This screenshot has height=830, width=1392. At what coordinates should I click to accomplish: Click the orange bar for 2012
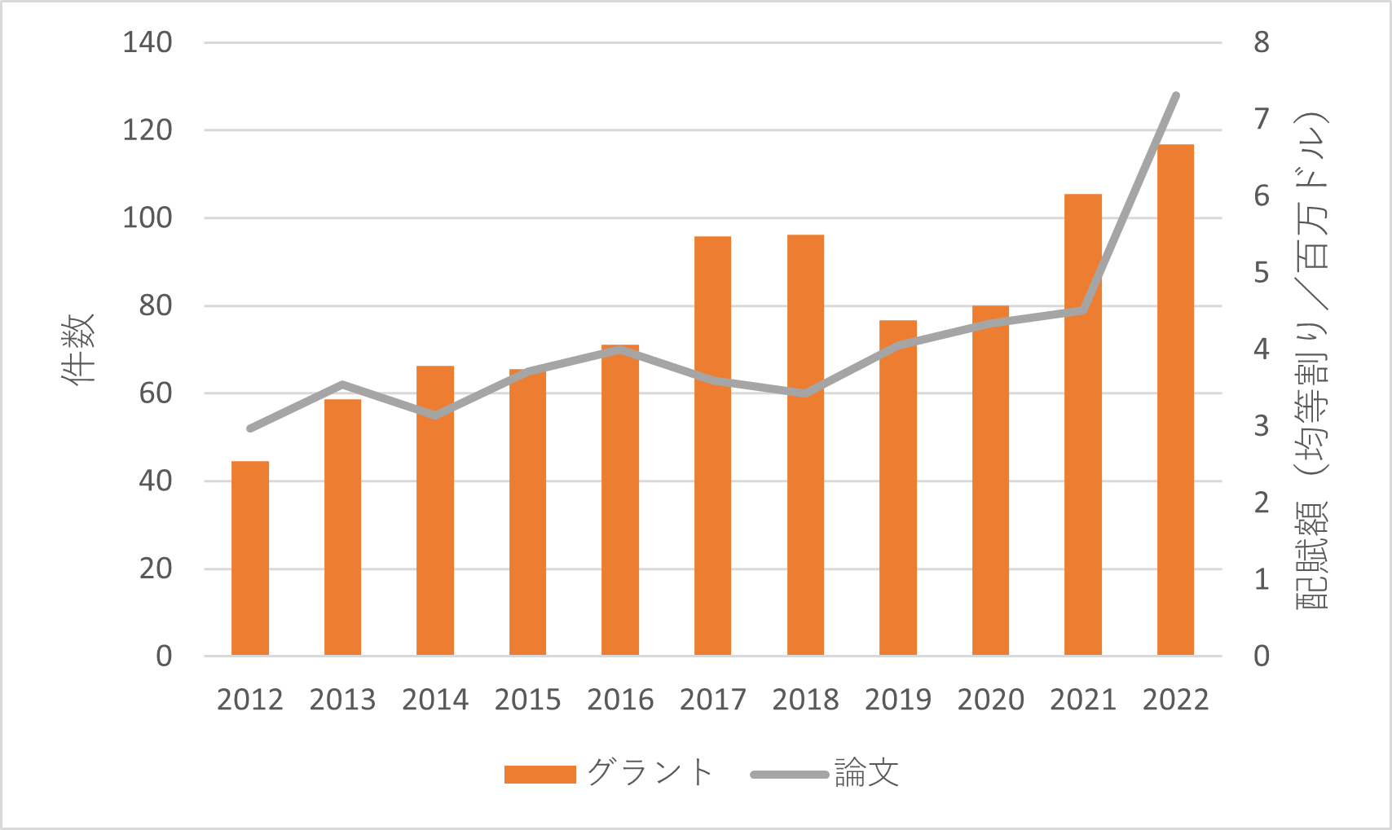tap(250, 559)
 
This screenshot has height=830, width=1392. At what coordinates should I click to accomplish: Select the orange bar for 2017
tap(712, 446)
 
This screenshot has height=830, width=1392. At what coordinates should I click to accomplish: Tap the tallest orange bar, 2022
tap(1175, 400)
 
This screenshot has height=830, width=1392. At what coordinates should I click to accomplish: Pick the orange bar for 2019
tap(897, 489)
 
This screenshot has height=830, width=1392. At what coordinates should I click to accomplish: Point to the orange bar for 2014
tap(435, 511)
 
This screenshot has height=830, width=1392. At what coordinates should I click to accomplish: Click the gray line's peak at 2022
tap(1175, 95)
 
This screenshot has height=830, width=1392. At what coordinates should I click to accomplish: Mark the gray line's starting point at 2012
tap(250, 428)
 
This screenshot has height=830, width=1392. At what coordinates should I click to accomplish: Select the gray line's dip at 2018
tap(805, 393)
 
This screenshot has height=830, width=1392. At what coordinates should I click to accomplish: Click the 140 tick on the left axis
tap(148, 42)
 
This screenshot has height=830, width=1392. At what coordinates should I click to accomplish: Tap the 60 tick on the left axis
tap(155, 393)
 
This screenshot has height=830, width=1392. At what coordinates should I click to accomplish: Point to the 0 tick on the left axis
tap(164, 656)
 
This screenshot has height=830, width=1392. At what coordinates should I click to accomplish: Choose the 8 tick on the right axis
tap(1261, 42)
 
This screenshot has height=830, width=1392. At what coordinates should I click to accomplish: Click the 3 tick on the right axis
tap(1261, 426)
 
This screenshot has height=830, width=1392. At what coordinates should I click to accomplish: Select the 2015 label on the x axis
tap(527, 700)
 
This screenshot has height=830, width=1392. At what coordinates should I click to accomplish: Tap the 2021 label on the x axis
tap(1082, 700)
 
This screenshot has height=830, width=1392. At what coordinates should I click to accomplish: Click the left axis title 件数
tap(79, 349)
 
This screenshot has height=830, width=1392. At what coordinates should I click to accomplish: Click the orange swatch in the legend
tap(540, 774)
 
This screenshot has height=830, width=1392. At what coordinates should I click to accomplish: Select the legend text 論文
tap(866, 773)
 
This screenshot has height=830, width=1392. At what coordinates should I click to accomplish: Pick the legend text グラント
tap(650, 773)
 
